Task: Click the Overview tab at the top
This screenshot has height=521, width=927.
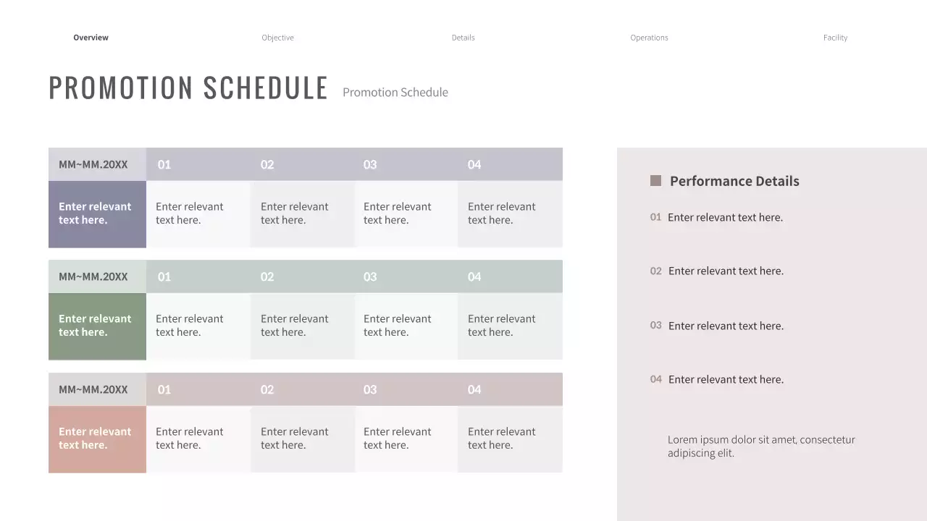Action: tap(91, 38)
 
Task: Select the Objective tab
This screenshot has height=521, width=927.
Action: tap(277, 38)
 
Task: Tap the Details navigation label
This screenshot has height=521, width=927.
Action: tap(463, 38)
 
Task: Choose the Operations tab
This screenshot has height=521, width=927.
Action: tap(649, 38)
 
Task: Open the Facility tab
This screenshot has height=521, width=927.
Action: tap(835, 38)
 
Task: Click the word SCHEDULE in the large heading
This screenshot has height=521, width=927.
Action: tap(265, 88)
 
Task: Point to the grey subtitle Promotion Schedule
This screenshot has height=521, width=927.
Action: tap(395, 93)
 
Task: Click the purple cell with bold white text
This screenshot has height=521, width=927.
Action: tap(97, 213)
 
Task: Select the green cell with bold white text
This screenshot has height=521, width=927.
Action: tap(97, 326)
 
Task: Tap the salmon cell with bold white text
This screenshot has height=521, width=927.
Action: tap(97, 439)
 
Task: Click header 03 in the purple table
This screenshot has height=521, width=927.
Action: tap(370, 165)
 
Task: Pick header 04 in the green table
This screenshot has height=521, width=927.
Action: tap(474, 277)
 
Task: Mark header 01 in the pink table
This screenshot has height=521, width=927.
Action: tap(164, 390)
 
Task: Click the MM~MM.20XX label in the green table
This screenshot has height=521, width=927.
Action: tap(93, 277)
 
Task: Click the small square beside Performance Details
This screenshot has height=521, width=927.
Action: tap(655, 181)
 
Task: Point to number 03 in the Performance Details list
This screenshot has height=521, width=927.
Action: tap(655, 326)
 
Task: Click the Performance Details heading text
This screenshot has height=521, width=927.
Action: tap(734, 182)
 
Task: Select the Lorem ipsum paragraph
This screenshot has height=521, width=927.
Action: tap(761, 446)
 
